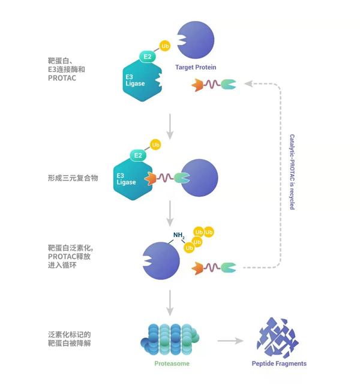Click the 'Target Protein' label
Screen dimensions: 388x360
(x=195, y=67)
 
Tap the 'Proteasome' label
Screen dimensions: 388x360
(x=169, y=363)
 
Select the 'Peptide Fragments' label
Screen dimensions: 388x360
(x=278, y=363)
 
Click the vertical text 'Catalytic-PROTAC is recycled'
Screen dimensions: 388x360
(x=292, y=172)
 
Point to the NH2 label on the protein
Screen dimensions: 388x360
(x=179, y=235)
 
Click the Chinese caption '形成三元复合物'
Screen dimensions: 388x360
(x=73, y=178)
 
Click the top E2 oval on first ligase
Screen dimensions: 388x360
(x=148, y=57)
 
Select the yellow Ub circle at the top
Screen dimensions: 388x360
(x=165, y=46)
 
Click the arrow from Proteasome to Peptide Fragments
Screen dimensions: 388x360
(x=230, y=341)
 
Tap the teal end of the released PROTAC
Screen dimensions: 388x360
(x=228, y=267)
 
